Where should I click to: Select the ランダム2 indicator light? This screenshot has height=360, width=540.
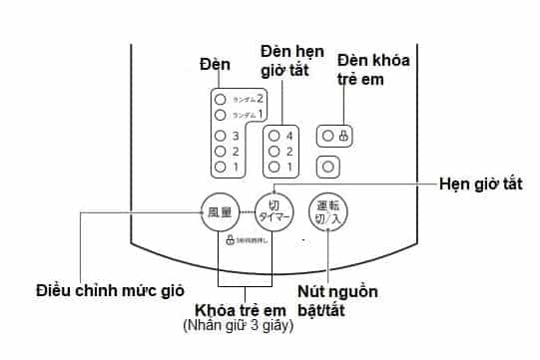(221, 99)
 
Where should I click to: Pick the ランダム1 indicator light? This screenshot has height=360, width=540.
(221, 115)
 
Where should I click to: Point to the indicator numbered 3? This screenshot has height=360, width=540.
(221, 136)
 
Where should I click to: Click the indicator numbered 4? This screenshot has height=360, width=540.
(272, 136)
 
